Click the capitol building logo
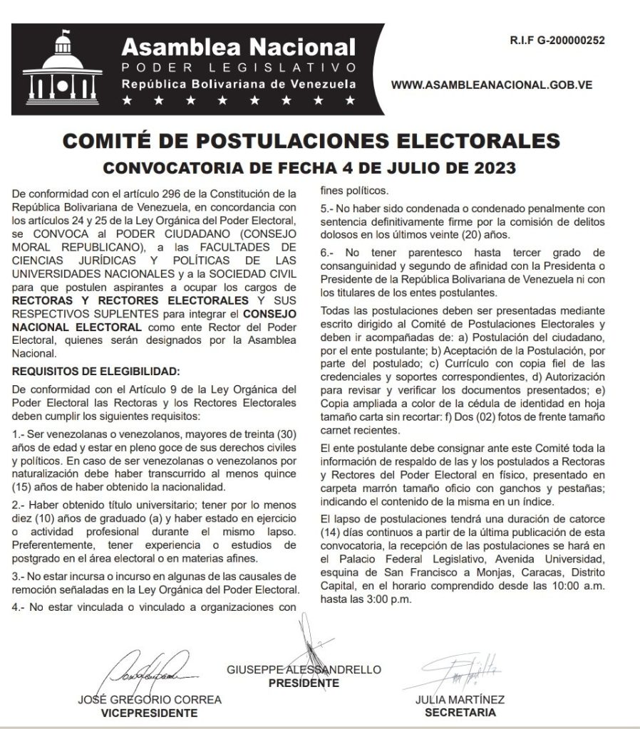coord(64,66)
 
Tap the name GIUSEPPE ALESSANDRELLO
coord(304,670)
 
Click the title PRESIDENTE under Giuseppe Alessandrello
coord(304,683)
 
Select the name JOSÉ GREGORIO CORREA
coord(149,699)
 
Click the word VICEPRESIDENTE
coord(149,712)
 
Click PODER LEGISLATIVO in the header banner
coord(238,68)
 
